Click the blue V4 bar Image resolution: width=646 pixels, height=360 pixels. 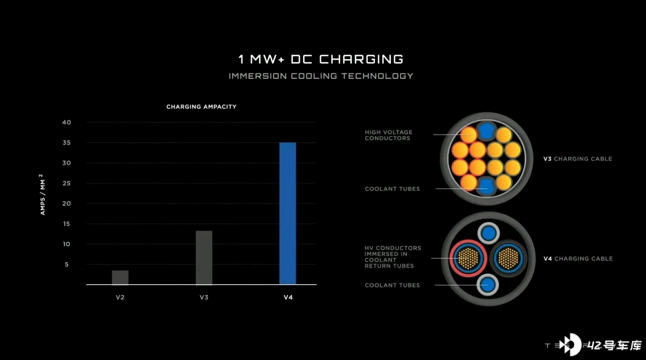pyautogui.click(x=288, y=213)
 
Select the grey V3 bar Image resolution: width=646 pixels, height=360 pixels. pyautogui.click(x=204, y=258)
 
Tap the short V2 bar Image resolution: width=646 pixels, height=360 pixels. pyautogui.click(x=120, y=277)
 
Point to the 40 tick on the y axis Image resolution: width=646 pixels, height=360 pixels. pyautogui.click(x=67, y=122)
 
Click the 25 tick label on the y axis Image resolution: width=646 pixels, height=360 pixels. pyautogui.click(x=67, y=183)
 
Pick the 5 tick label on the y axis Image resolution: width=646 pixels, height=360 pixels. pyautogui.click(x=67, y=264)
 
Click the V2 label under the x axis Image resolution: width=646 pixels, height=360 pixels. pyautogui.click(x=120, y=297)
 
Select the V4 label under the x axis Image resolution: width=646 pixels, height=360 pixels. pyautogui.click(x=288, y=297)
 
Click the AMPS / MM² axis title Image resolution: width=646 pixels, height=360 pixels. pyautogui.click(x=42, y=195)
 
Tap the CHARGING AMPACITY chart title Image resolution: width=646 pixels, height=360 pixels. pyautogui.click(x=201, y=107)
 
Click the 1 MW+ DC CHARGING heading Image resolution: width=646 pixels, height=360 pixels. pyautogui.click(x=321, y=59)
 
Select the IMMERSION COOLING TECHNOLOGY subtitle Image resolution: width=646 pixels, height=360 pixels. pyautogui.click(x=321, y=76)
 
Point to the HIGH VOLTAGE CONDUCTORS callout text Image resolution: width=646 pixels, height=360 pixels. pyautogui.click(x=388, y=135)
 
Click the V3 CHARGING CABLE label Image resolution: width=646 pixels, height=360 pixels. pyautogui.click(x=578, y=159)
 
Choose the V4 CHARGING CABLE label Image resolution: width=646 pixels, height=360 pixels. pyautogui.click(x=578, y=259)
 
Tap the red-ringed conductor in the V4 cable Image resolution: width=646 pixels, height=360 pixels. pyautogui.click(x=468, y=258)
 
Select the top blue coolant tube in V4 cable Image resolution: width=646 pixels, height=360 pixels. pyautogui.click(x=489, y=234)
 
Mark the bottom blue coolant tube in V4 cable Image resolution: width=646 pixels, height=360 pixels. pyautogui.click(x=488, y=285)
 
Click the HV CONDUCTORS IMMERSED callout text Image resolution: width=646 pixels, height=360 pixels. pyautogui.click(x=393, y=257)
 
